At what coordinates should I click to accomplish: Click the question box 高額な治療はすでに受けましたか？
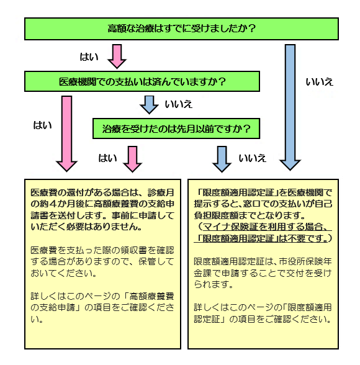(x=181, y=29)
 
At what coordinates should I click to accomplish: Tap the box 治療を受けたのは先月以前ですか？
(x=176, y=128)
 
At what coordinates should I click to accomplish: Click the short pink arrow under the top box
(x=117, y=56)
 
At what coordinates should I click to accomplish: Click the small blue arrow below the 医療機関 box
(x=149, y=104)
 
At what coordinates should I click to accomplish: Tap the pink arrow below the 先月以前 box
(x=132, y=158)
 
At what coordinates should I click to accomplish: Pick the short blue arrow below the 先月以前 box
(x=222, y=158)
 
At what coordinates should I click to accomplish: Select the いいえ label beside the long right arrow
(x=320, y=81)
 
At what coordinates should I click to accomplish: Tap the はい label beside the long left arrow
(x=42, y=125)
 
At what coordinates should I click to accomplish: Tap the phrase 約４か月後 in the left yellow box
(x=58, y=203)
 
